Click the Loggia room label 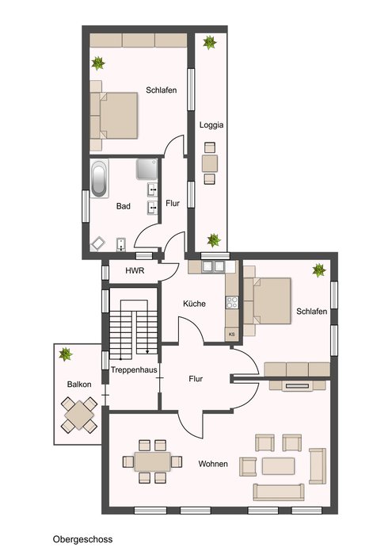(x=211, y=125)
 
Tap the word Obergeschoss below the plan (x=82, y=539)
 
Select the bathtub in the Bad (x=99, y=178)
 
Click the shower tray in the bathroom (x=147, y=169)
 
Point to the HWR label (x=135, y=271)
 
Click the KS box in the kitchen (x=232, y=334)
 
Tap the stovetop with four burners (x=232, y=302)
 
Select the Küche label (x=194, y=304)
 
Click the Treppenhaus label (x=134, y=370)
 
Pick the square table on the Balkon (x=79, y=415)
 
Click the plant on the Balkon (x=66, y=354)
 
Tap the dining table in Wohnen (x=152, y=461)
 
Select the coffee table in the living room (x=278, y=466)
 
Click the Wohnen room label (x=213, y=464)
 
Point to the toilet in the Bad (x=121, y=244)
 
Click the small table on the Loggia (x=210, y=163)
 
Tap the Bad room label (x=124, y=206)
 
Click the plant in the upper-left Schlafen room (x=98, y=63)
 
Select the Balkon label (x=79, y=385)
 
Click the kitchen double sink (x=213, y=266)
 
